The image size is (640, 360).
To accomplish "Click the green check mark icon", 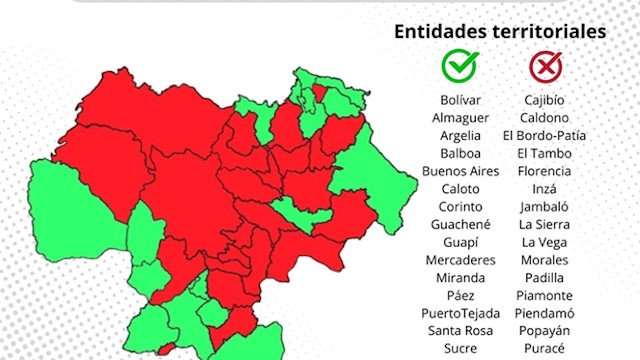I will (459, 66).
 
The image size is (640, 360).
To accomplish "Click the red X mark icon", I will (545, 66).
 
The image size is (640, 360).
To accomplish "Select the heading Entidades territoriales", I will (500, 31).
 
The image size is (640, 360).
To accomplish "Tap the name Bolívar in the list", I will (459, 100).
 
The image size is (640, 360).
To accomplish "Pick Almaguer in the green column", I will (459, 117).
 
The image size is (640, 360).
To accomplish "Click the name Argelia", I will (459, 135).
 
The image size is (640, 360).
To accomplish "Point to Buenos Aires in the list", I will (459, 171).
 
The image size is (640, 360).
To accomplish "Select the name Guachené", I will (459, 224).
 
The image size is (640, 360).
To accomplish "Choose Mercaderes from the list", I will (459, 260).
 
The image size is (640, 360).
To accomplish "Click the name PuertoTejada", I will (459, 313).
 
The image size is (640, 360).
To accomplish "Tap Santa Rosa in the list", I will (459, 331).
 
